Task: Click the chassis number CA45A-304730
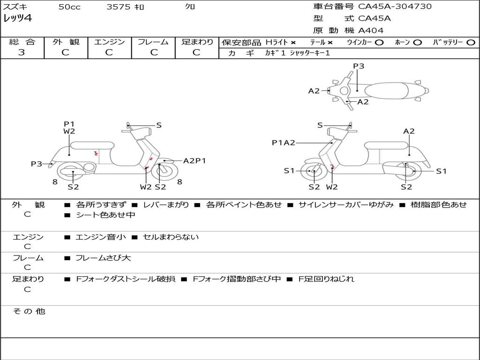coord(395,7)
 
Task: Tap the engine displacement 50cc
coord(69,7)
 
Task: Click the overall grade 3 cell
coord(22,52)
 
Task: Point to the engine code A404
coord(371,30)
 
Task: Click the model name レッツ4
coord(18,19)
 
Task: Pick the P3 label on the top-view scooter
coord(359,66)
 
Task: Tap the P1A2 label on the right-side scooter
coord(284,142)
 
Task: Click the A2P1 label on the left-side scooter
coord(195,161)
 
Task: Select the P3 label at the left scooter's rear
coord(37,164)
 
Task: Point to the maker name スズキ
coord(15,7)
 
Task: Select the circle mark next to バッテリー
coord(471,42)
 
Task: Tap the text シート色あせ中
coord(105,215)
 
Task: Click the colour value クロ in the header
coord(190,7)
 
